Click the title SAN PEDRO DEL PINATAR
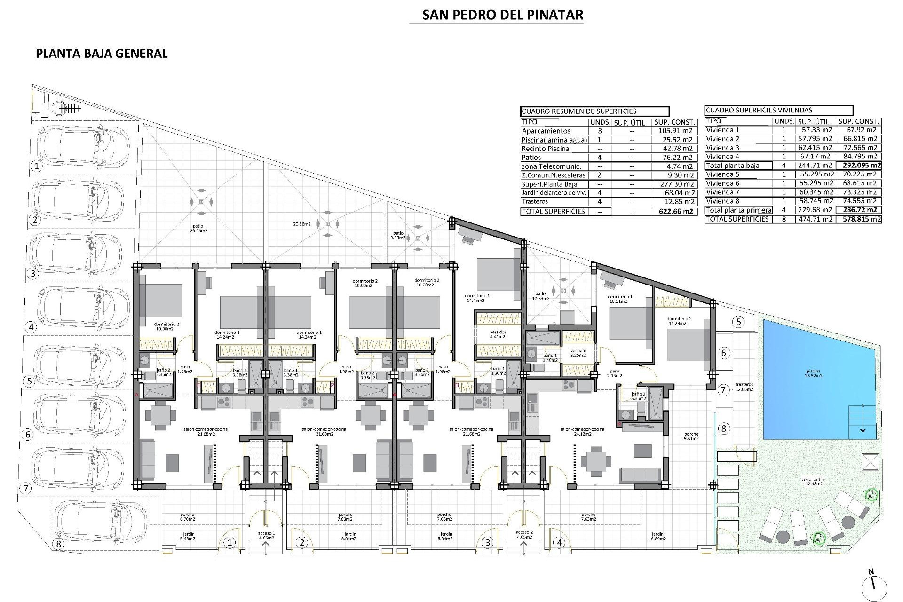click(x=502, y=15)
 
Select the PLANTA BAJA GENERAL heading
click(x=102, y=53)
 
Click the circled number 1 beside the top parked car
click(x=36, y=166)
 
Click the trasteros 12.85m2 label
click(x=745, y=387)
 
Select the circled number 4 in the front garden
click(x=559, y=542)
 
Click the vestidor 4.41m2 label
click(x=498, y=334)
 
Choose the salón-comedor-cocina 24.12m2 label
click(x=582, y=431)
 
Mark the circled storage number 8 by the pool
click(x=724, y=428)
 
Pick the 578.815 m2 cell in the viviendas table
click(x=859, y=219)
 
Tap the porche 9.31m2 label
click(x=691, y=436)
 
